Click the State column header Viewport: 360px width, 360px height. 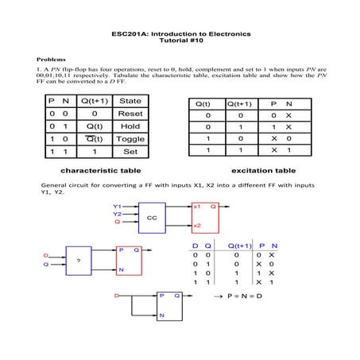tap(130, 101)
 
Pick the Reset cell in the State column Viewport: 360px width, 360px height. tap(130, 114)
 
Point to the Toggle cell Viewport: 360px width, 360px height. tap(130, 138)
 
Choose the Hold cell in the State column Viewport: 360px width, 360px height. tap(130, 126)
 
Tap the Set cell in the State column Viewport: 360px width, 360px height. tap(130, 150)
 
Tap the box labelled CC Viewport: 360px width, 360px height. tap(151, 216)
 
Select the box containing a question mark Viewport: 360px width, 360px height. tap(78, 259)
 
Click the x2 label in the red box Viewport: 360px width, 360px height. tap(197, 226)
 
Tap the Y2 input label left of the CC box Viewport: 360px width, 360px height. tap(118, 214)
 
